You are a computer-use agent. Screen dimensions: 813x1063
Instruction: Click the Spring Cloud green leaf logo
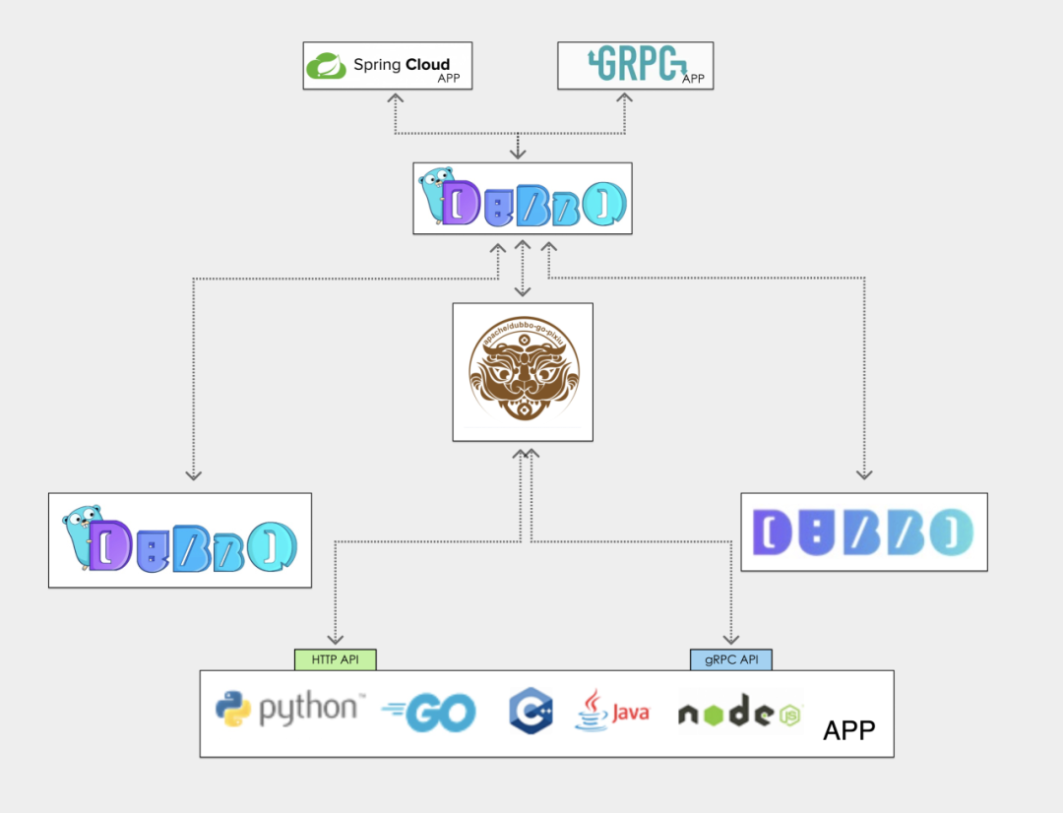pos(325,66)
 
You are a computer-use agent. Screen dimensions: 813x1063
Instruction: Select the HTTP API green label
pos(336,659)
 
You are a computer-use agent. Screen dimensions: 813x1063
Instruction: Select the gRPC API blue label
pos(730,659)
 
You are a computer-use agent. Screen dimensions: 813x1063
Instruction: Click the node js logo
pos(739,714)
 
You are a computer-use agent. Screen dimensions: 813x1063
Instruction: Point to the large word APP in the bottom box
pos(848,730)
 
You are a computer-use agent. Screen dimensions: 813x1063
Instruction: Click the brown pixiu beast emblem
pos(523,372)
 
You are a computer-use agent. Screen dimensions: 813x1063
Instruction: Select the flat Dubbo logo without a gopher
pos(863,532)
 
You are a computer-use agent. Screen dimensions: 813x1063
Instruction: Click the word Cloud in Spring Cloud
pos(427,66)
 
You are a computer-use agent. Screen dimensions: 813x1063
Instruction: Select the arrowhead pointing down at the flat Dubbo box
pos(864,473)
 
